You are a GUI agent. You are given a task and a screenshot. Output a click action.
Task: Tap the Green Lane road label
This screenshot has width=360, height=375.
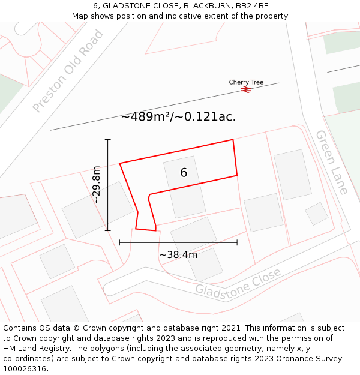pyautogui.click(x=332, y=162)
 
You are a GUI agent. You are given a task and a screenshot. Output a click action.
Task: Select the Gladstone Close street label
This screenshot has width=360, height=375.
pyautogui.click(x=238, y=281)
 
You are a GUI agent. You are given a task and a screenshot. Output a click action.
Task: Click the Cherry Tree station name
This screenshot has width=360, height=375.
pyautogui.click(x=246, y=82)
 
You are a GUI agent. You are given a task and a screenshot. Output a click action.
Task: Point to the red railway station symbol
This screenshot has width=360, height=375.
pyautogui.click(x=246, y=89)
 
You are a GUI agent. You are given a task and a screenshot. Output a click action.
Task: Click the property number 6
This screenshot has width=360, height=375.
pyautogui.click(x=184, y=173)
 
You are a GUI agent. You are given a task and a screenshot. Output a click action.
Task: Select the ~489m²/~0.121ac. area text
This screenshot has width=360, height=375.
pyautogui.click(x=178, y=117)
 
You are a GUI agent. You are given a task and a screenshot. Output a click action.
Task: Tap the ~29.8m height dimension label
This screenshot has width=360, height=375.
pyautogui.click(x=97, y=185)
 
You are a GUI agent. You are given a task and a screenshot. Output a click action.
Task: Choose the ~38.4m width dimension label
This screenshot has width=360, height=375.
pyautogui.click(x=178, y=254)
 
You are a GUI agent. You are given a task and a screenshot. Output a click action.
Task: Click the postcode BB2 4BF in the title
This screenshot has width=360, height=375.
pyautogui.click(x=251, y=6)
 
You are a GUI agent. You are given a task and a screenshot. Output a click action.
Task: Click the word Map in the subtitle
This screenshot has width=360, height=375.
pyautogui.click(x=80, y=16)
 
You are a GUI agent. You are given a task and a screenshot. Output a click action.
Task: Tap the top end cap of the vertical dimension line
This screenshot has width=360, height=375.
pyautogui.click(x=108, y=140)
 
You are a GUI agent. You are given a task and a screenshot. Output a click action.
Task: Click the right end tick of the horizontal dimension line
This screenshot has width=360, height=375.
pyautogui.click(x=237, y=242)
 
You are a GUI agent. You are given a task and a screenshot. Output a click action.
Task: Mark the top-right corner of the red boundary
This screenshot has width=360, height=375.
pyautogui.click(x=233, y=140)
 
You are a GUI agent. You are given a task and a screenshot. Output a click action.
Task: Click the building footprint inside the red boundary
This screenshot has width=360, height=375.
pyautogui.click(x=184, y=187)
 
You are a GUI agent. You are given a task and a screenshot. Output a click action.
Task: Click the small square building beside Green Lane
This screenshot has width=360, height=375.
pyautogui.click(x=316, y=214)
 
